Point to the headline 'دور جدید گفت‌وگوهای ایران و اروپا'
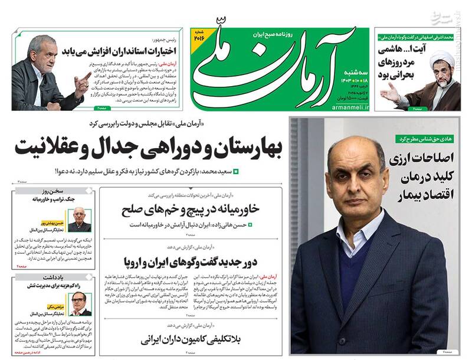191,261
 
